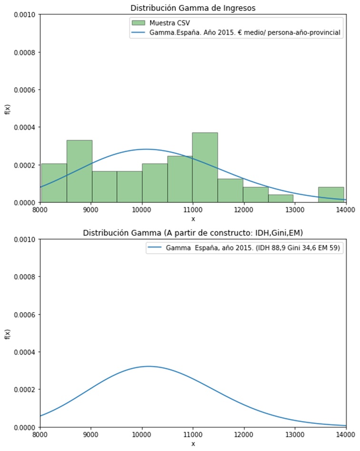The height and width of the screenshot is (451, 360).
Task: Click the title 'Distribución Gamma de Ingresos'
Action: tap(193, 8)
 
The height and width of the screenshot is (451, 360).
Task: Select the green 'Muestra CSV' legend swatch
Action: tap(138, 23)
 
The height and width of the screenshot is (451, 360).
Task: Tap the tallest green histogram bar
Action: tap(205, 167)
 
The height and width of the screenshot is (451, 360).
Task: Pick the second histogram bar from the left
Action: tap(79, 171)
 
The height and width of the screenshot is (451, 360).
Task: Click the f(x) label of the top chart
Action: tap(7, 109)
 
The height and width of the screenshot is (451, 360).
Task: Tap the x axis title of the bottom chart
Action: tap(193, 443)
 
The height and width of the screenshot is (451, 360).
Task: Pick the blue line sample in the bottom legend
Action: tap(156, 248)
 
